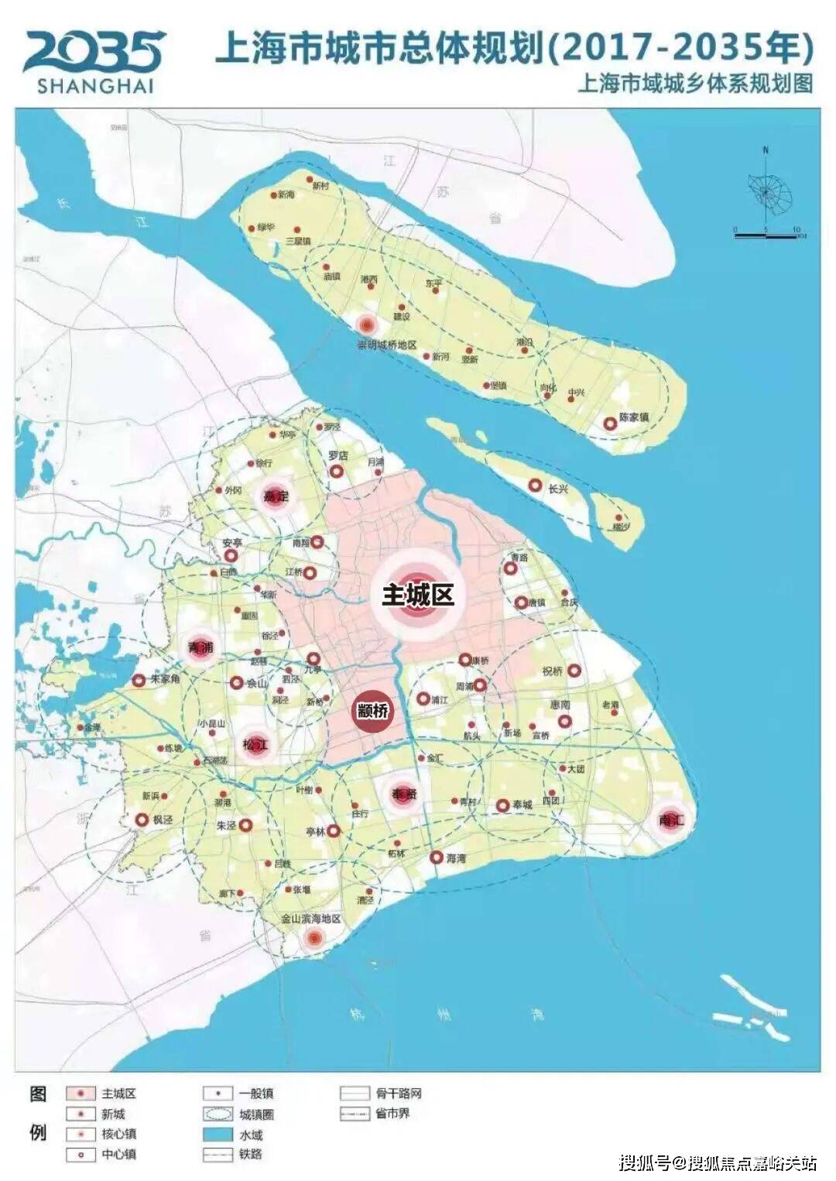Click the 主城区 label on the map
[x=417, y=595]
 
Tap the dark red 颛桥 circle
[x=372, y=709]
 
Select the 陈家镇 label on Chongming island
[x=633, y=418]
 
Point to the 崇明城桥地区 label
[x=387, y=345]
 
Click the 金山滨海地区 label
[x=310, y=918]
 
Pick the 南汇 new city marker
[x=670, y=820]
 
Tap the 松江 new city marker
[x=255, y=745]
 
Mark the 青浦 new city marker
[x=201, y=647]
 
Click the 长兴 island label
[x=558, y=489]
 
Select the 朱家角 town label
[x=165, y=679]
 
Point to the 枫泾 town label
[x=163, y=819]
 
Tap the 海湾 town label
[x=456, y=858]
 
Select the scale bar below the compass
[x=766, y=232]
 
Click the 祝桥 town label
[x=553, y=671]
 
